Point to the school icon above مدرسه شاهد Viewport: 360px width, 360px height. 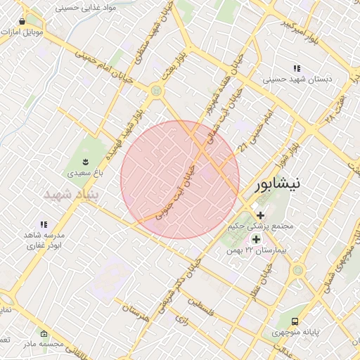tap(44, 224)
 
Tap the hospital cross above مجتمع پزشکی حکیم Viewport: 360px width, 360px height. tap(261, 215)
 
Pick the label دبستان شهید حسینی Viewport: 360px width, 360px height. tap(297, 79)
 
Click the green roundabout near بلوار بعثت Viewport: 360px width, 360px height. tap(155, 90)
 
